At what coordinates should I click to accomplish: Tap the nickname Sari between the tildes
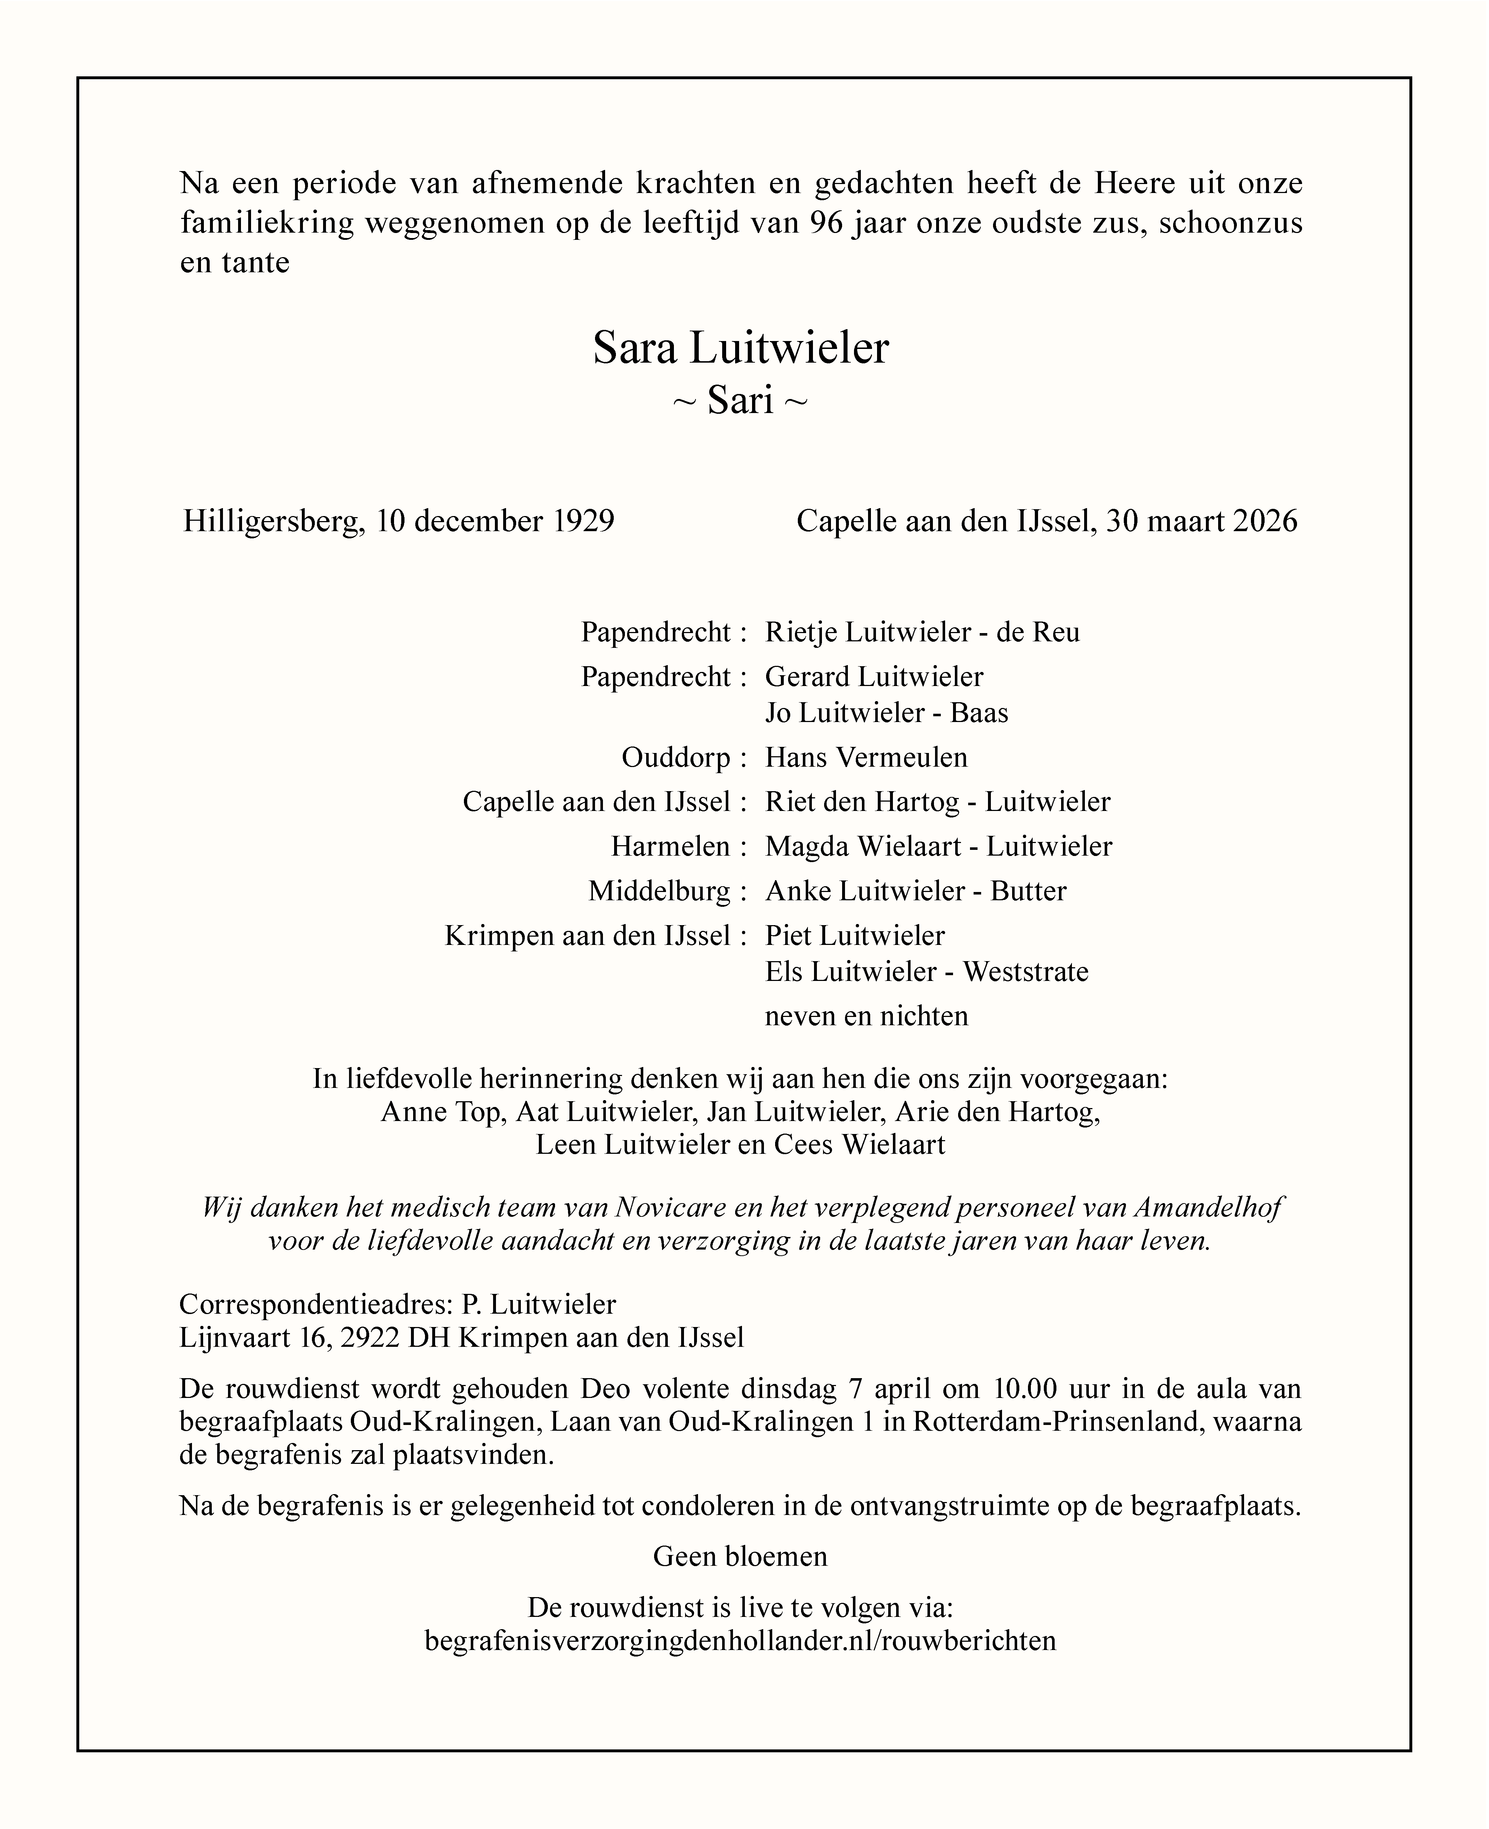click(740, 400)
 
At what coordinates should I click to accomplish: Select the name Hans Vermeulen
click(866, 757)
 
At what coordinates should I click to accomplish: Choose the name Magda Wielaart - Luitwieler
click(938, 846)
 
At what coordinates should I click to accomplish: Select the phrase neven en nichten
click(866, 1016)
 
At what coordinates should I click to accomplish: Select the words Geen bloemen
click(740, 1556)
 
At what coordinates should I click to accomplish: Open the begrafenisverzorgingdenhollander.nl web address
click(740, 1640)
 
